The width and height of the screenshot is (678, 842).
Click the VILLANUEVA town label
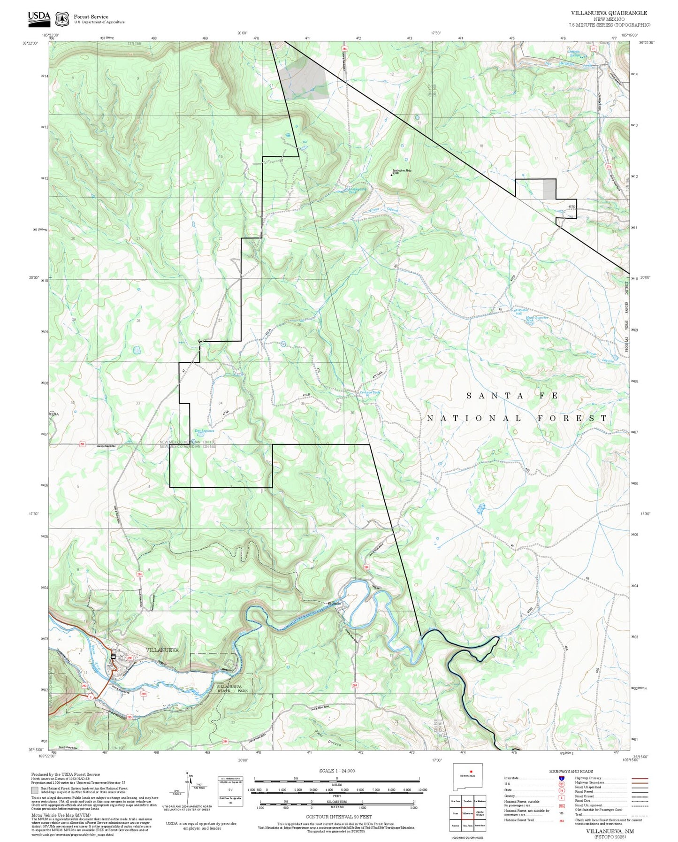tap(162, 650)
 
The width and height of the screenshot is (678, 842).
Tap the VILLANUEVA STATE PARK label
tap(232, 689)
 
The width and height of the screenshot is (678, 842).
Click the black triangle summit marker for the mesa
tap(392, 176)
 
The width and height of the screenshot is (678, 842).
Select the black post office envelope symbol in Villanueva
tap(114, 656)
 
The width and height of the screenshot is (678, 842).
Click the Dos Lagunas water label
tap(205, 430)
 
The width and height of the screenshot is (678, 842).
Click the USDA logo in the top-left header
tap(39, 17)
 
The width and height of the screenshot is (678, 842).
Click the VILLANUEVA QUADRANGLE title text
tap(609, 13)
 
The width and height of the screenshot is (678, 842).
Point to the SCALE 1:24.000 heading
tap(336, 771)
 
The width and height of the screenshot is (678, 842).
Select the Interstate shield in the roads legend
tap(561, 778)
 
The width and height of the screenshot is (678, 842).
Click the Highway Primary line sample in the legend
tap(639, 778)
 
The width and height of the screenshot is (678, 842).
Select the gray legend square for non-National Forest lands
tap(35, 790)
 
